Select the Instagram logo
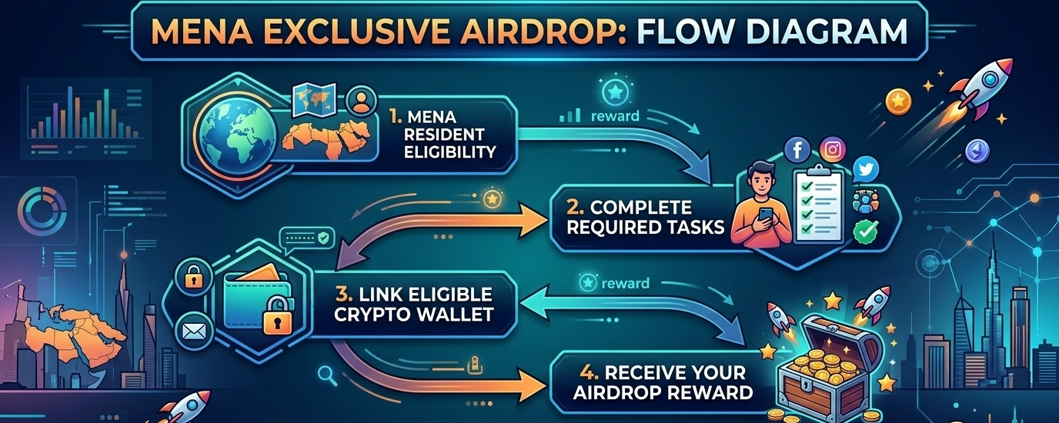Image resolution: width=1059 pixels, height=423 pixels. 833,149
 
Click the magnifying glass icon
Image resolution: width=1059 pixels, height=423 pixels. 326,375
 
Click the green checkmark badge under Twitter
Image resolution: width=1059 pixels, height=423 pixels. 865,231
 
